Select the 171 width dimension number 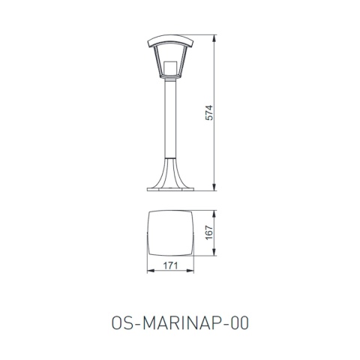click(x=169, y=266)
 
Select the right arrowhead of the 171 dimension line click(x=193, y=271)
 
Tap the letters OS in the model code click(x=118, y=322)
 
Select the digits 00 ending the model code click(x=239, y=322)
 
